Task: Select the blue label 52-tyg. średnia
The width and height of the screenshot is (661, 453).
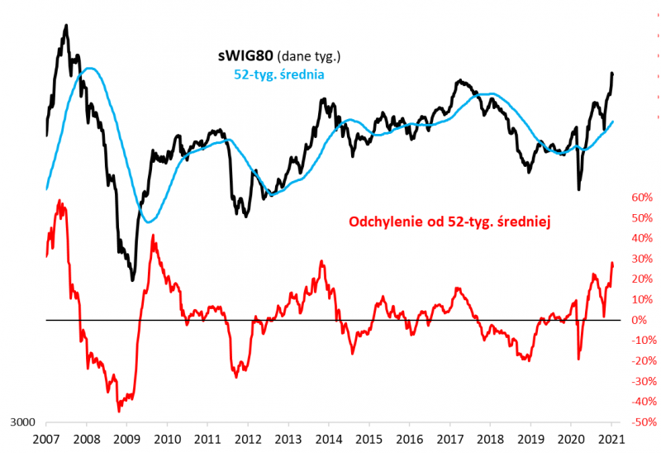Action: [x=273, y=74]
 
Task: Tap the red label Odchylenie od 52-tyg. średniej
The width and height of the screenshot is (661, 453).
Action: [x=449, y=222]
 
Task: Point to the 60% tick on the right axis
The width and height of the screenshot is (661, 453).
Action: [x=641, y=198]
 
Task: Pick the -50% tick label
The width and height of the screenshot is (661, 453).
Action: [x=639, y=422]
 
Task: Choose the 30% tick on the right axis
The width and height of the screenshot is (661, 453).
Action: [x=641, y=259]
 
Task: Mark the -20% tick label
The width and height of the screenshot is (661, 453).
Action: [x=639, y=361]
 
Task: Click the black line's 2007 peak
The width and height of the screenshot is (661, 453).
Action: [x=66, y=26]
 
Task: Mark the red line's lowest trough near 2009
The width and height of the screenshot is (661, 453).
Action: [x=118, y=410]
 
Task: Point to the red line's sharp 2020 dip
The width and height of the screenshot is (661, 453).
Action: [x=578, y=358]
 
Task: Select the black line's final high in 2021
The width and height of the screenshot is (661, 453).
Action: [x=612, y=74]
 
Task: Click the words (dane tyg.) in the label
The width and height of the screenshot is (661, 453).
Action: [x=310, y=56]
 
